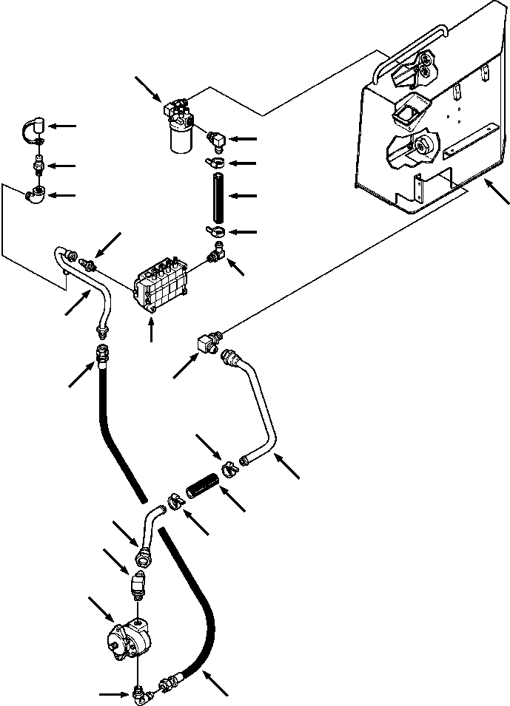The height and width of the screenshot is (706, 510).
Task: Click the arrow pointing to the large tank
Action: tap(497, 192)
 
